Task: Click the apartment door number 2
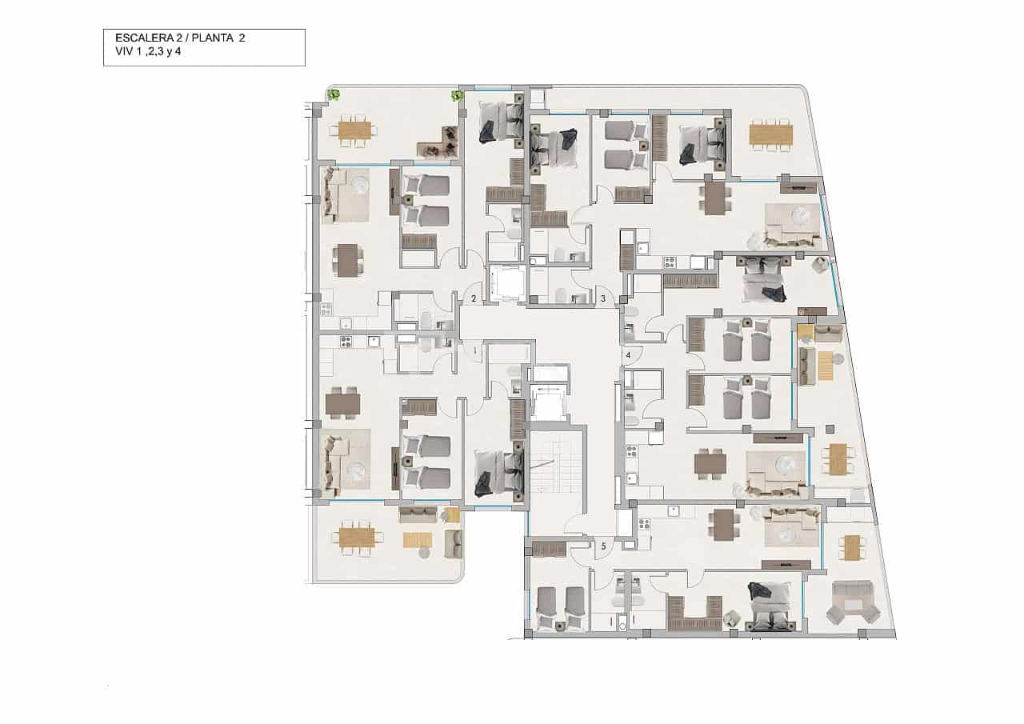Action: (474, 298)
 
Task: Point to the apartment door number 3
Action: (602, 298)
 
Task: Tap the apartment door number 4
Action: (629, 354)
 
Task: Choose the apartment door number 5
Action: (603, 546)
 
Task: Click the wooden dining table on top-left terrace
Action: (354, 130)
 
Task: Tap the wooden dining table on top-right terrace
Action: (770, 134)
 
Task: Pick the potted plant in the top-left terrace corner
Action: (334, 95)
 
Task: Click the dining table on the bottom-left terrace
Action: (357, 537)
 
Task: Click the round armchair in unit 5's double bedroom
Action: (731, 618)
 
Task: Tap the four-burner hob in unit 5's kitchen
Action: (645, 526)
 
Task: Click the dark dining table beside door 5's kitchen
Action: (722, 525)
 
